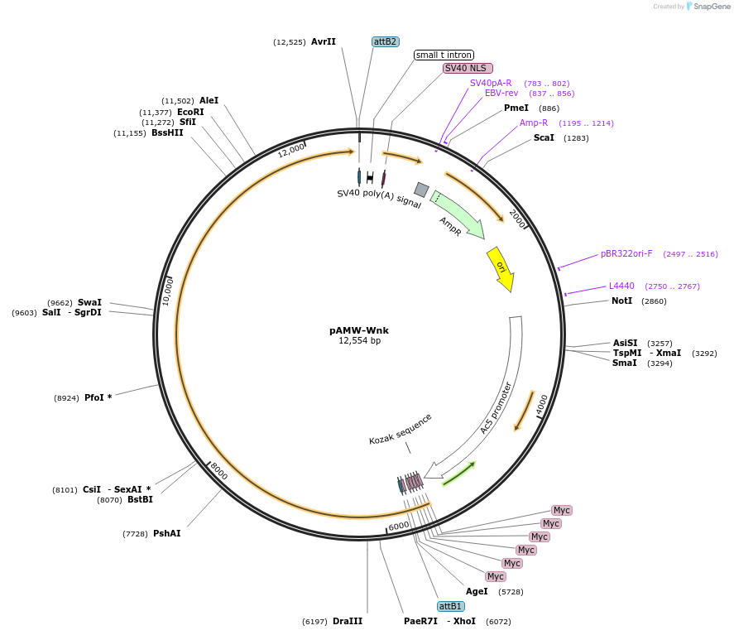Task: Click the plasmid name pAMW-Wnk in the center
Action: pos(359,330)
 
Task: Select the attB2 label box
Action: pos(386,41)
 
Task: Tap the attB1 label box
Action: pos(451,606)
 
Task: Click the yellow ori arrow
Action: pos(500,269)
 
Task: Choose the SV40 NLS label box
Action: pos(468,68)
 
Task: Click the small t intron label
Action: pos(444,55)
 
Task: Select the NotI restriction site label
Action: pos(621,301)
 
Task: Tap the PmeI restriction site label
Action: pos(516,108)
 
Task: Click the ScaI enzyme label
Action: pos(544,137)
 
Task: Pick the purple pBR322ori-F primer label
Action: pos(626,253)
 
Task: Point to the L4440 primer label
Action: pos(621,286)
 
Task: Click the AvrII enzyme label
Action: pos(324,41)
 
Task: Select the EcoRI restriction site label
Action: pos(190,112)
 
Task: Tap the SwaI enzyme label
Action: pos(89,302)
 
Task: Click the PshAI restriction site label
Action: pos(166,533)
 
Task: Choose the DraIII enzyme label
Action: pos(348,621)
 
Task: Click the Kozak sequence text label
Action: pos(401,430)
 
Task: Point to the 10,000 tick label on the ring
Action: pos(168,291)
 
